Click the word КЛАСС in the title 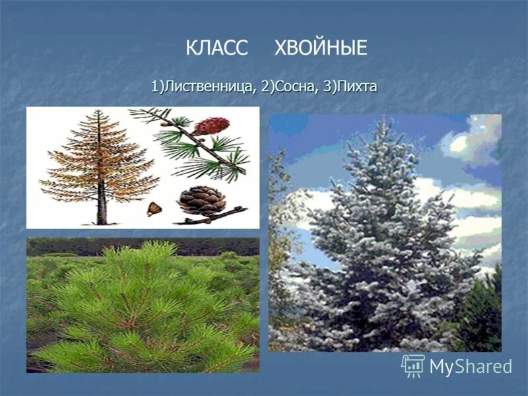coord(216,48)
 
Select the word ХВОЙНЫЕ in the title coord(320,48)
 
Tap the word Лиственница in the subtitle coord(211,87)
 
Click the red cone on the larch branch coord(211,125)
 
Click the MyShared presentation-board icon coord(413,366)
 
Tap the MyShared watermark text coord(471,366)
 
